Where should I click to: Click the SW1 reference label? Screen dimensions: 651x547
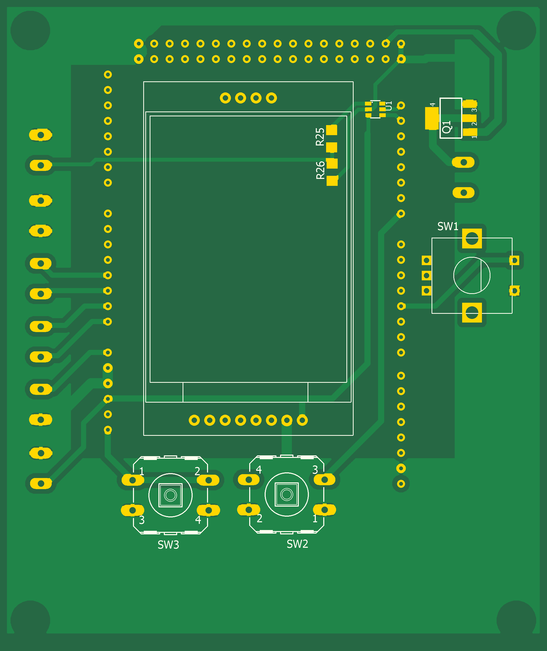click(447, 226)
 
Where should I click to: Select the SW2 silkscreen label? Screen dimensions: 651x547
click(297, 544)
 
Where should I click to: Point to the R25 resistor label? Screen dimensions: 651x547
click(320, 137)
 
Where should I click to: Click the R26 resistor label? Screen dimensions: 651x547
click(320, 170)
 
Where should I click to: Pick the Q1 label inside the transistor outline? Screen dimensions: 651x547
click(446, 127)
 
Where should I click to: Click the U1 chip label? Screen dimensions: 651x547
click(389, 106)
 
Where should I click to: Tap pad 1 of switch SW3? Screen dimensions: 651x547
click(132, 480)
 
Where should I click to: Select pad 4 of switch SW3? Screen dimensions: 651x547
click(208, 510)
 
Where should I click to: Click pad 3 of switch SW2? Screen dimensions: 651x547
click(324, 480)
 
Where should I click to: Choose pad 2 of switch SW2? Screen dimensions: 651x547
click(249, 510)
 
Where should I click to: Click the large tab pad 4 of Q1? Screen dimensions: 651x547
click(432, 118)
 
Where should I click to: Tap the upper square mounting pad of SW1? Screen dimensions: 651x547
click(472, 238)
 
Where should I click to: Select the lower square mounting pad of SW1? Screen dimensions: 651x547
click(472, 312)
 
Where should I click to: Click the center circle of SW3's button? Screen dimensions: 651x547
click(170, 495)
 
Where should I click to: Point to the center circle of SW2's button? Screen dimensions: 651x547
click(286, 494)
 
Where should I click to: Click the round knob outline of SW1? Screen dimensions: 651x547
click(472, 275)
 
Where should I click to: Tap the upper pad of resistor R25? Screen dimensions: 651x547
click(331, 130)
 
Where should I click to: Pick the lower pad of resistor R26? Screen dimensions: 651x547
click(332, 181)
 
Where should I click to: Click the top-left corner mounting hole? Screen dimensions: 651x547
click(30, 30)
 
